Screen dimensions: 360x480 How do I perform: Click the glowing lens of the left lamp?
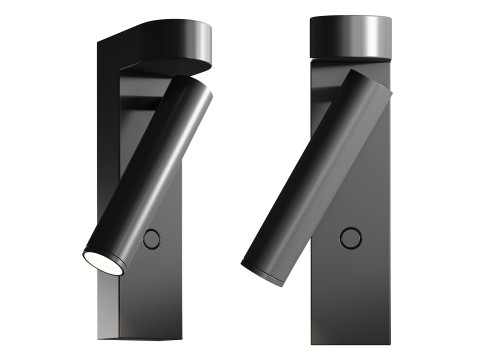click(101, 263)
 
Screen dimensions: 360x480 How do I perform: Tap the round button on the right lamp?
click(350, 237)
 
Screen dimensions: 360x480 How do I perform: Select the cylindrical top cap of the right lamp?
click(349, 38)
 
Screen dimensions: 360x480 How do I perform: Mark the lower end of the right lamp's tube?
click(262, 268)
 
